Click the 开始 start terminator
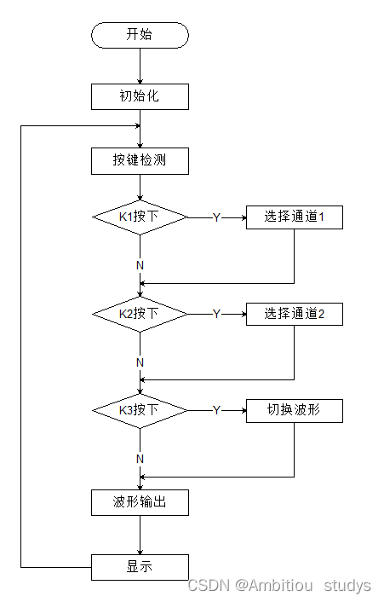140,35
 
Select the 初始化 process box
140,96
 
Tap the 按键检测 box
140,161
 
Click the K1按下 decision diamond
140,217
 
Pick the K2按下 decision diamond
140,314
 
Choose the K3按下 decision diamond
140,410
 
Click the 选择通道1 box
294,217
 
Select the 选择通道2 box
294,314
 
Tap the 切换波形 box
294,410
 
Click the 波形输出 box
140,503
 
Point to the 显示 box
140,566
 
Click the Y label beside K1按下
216,217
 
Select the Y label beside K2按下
216,314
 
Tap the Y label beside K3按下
216,410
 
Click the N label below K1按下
140,265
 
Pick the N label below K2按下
140,362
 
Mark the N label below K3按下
140,459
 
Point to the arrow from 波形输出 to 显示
140,535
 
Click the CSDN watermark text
278,586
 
